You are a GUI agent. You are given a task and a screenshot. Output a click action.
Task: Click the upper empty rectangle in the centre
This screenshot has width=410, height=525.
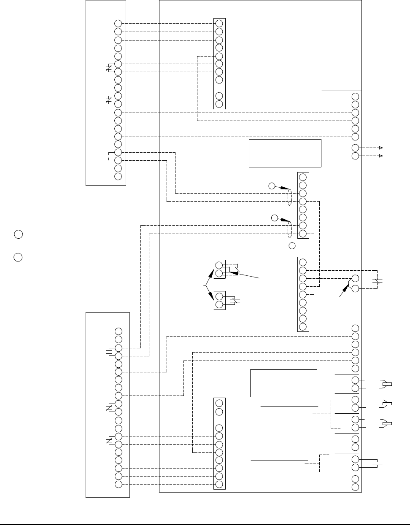285,153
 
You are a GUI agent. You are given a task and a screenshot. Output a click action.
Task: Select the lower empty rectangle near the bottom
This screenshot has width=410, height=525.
283,383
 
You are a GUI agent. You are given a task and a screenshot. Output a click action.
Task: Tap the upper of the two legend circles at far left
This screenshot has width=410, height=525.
18,234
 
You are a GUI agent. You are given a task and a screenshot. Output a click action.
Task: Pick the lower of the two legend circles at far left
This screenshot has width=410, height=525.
18,257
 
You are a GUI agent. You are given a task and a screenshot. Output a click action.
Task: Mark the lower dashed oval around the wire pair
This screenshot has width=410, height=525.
290,230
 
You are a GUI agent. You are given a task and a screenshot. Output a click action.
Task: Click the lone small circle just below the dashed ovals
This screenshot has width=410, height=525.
291,246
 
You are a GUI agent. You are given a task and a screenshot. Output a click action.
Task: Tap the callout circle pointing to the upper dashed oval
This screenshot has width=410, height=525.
272,186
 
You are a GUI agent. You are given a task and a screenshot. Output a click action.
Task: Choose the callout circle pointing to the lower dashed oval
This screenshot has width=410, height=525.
275,218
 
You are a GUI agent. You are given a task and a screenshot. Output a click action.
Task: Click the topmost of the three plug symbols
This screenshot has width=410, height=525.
386,384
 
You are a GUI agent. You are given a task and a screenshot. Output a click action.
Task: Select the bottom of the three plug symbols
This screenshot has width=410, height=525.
386,423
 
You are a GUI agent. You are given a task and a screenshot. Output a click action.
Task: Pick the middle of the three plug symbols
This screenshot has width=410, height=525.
386,404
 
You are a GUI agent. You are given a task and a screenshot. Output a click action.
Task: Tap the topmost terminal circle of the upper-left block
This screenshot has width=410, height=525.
118,24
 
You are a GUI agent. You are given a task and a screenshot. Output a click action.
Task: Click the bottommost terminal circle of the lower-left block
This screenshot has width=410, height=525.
118,484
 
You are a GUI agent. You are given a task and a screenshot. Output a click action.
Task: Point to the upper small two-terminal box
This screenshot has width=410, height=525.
219,269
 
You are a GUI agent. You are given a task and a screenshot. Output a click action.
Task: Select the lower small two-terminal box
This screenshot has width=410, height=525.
219,300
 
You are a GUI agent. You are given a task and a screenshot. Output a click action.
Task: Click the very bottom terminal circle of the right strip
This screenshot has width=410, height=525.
356,487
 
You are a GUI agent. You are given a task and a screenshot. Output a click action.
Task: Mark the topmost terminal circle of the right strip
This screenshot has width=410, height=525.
356,97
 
